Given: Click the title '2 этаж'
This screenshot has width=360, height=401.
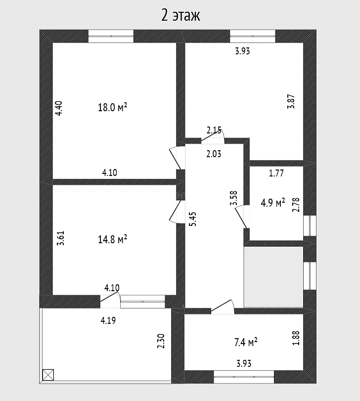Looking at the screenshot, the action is (x=180, y=15).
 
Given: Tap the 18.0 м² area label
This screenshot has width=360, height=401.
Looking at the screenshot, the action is (x=113, y=107).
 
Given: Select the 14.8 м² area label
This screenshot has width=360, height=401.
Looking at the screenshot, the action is (x=113, y=239).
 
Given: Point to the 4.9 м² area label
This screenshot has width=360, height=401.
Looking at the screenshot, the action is (x=273, y=203).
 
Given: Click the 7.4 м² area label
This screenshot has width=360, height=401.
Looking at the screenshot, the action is (x=246, y=342).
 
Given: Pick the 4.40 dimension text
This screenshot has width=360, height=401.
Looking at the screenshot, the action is (x=59, y=108).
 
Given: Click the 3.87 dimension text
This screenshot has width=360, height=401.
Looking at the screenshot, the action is (x=291, y=101).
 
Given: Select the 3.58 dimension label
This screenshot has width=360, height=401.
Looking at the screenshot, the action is (x=234, y=198).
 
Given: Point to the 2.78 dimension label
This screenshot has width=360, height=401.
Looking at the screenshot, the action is (x=296, y=205).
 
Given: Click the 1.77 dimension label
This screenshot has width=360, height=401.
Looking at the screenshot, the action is (x=276, y=173).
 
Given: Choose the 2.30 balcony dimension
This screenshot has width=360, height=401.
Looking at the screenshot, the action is (x=161, y=341).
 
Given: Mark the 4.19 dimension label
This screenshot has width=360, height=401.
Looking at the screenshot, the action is (x=108, y=320).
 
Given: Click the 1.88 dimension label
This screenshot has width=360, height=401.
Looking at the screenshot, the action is (x=296, y=338).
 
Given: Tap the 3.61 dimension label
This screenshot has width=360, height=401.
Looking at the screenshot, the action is (x=61, y=238).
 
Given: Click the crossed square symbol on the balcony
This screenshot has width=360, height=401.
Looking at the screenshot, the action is (x=48, y=375).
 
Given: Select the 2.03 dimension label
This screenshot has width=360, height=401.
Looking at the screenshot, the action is (x=214, y=154).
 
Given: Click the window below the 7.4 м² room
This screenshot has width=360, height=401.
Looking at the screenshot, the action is (x=244, y=377).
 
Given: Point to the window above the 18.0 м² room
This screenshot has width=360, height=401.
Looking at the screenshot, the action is (x=111, y=36).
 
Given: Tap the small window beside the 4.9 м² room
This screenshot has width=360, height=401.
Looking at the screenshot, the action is (x=310, y=225).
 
